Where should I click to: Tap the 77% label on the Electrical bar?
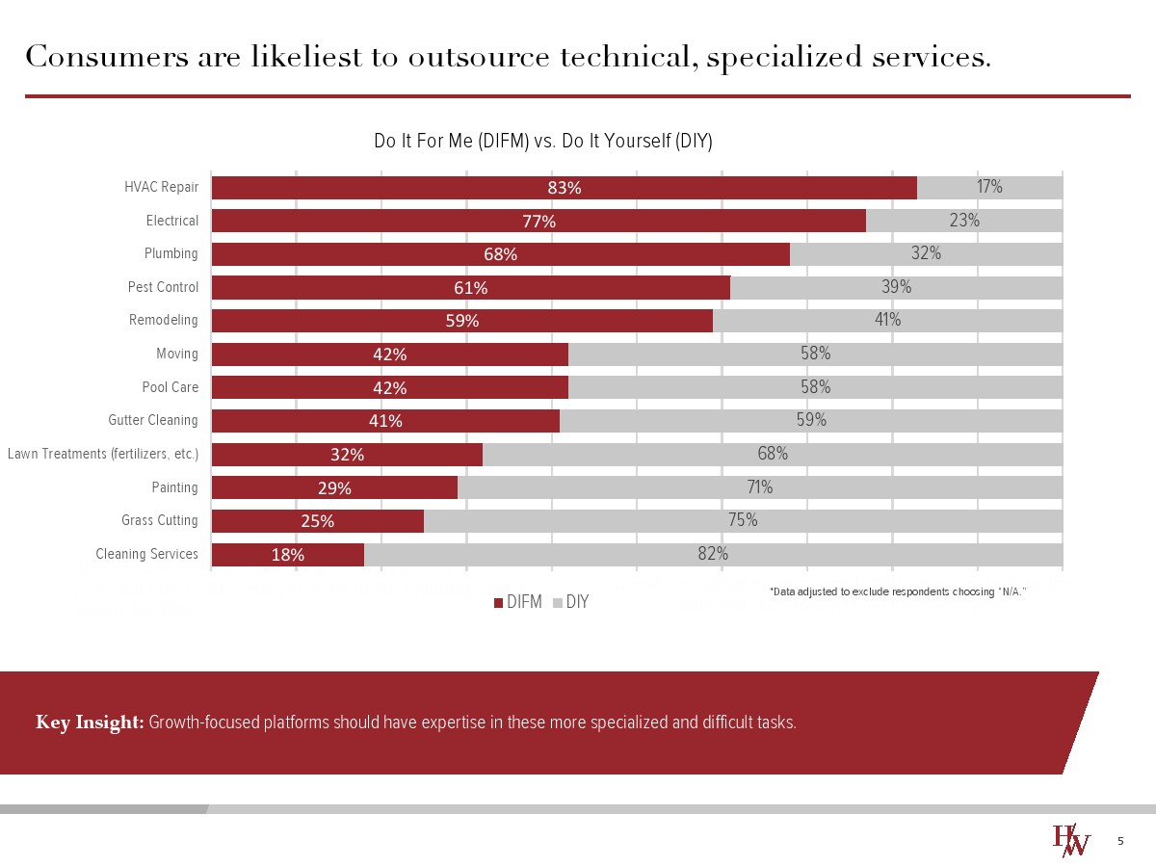(539, 222)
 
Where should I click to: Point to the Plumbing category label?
(171, 254)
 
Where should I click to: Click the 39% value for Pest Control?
(897, 287)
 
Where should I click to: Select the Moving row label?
(177, 355)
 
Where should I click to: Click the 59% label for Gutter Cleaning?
(811, 420)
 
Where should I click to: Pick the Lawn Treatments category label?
(103, 454)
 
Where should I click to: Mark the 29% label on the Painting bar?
(335, 488)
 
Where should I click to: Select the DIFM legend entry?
(519, 602)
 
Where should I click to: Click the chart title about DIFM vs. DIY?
(542, 142)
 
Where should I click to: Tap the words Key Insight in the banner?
(90, 722)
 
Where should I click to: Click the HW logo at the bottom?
(1070, 840)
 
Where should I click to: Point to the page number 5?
(1120, 842)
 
